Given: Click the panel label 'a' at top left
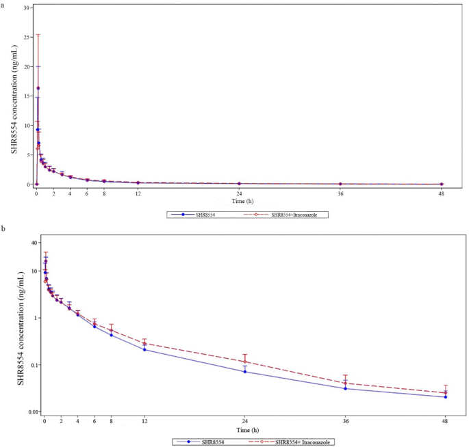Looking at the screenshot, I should tap(3, 3).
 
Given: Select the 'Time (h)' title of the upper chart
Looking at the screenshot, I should tap(238, 202).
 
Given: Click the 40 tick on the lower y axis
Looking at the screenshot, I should tap(33, 243).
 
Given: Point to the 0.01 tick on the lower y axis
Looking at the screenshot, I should tap(31, 411).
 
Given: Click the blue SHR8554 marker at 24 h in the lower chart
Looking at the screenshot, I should tap(245, 371).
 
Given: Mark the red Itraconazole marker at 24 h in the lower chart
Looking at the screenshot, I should tap(245, 362).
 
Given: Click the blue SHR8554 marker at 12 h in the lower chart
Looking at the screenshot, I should tap(144, 349).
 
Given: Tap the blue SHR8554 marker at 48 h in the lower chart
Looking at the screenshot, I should tap(446, 397).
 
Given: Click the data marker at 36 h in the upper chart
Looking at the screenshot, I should tap(340, 184).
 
